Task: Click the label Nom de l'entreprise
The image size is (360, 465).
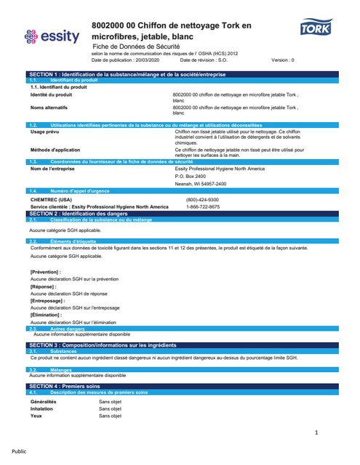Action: click(53, 169)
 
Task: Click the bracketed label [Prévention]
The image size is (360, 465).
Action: click(45, 271)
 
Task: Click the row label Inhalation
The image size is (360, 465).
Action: click(41, 408)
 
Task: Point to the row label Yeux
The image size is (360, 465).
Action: click(36, 416)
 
